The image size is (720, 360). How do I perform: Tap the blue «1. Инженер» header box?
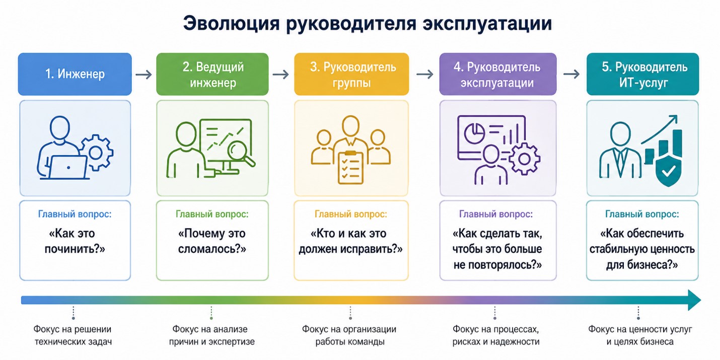75,74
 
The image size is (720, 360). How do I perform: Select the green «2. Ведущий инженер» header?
212,74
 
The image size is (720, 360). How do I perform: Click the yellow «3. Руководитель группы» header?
351,74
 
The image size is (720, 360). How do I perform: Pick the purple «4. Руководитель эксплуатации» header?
498,74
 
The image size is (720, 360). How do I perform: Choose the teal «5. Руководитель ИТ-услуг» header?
643,74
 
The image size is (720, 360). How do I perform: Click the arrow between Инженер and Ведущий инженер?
143,75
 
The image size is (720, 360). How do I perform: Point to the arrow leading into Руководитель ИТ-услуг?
571,74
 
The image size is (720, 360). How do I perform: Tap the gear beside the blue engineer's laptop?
96,153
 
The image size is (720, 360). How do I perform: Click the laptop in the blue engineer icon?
68,167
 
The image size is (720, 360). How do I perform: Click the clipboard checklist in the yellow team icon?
350,167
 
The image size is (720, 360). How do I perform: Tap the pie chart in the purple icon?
474,134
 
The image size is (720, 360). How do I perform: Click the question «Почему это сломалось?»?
212,241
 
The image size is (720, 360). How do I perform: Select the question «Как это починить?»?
75,241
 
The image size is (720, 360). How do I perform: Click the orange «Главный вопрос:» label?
351,214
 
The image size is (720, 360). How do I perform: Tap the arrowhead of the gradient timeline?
694,300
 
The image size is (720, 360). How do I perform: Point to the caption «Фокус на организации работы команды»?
349,335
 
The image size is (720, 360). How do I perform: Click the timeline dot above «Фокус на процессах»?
494,318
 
